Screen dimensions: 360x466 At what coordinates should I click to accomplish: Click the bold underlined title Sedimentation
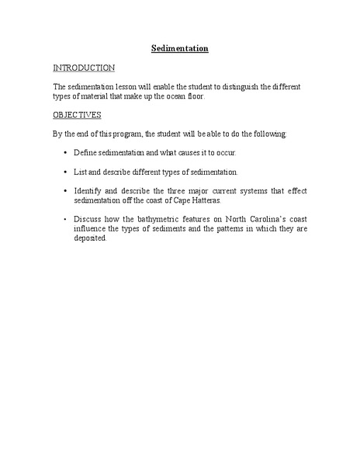coord(179,48)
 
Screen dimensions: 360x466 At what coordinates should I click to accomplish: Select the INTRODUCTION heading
coord(84,68)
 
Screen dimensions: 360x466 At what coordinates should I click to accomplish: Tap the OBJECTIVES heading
coord(77,114)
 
